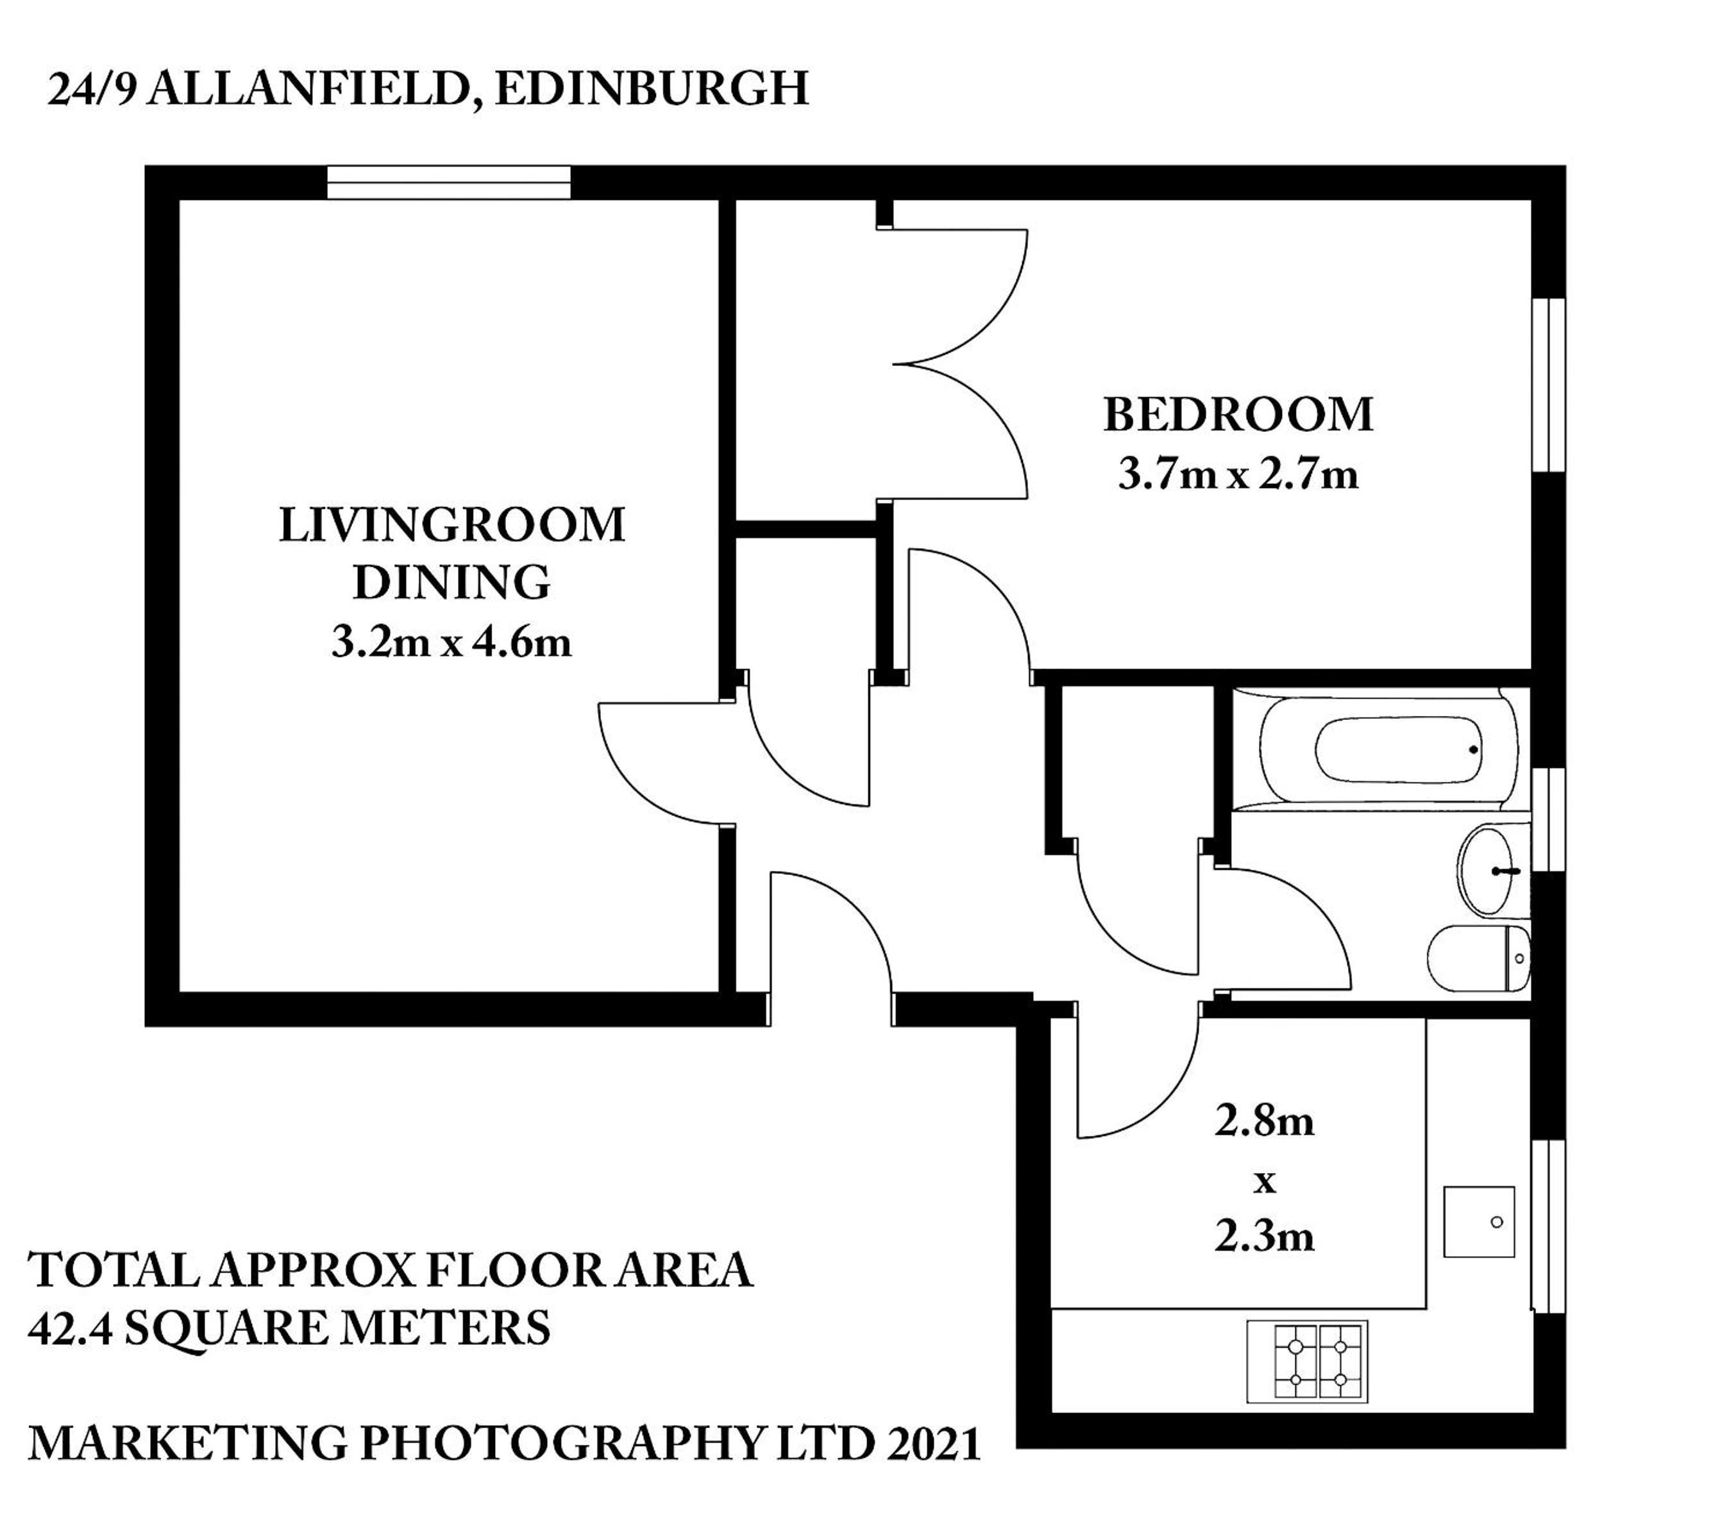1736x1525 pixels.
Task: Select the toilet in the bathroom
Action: pyautogui.click(x=1479, y=958)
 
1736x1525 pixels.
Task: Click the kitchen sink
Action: pyautogui.click(x=1479, y=1222)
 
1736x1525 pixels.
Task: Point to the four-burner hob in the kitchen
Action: pyautogui.click(x=1307, y=1361)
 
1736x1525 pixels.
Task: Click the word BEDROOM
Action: pyautogui.click(x=1238, y=415)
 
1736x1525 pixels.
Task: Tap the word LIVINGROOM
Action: pyautogui.click(x=452, y=525)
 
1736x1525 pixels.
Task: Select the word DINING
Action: pyautogui.click(x=452, y=583)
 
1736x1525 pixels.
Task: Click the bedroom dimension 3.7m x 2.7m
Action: pyautogui.click(x=1238, y=474)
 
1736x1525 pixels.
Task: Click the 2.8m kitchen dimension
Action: pyautogui.click(x=1264, y=1121)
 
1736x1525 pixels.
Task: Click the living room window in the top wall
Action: pyautogui.click(x=448, y=183)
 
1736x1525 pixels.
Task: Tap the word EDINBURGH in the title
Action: pyautogui.click(x=652, y=89)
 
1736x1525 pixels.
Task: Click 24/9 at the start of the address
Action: pyautogui.click(x=91, y=89)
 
